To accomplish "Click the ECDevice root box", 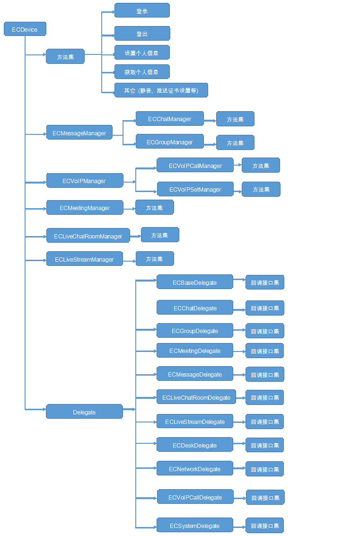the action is tap(25, 29).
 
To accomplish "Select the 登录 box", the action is tap(142, 10).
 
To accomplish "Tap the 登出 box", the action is tap(142, 34).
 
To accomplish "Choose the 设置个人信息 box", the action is tap(142, 53).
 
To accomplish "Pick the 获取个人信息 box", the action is tap(142, 72).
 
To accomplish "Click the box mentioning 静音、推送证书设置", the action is tap(161, 90).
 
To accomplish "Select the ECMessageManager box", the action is tap(79, 132).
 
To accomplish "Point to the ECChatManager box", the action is tap(169, 119).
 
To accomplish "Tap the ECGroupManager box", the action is tap(169, 141).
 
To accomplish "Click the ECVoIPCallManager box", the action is tap(195, 165).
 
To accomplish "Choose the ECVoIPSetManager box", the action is tap(195, 189).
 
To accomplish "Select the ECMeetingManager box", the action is tap(85, 208).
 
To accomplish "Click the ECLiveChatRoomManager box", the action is tap(88, 236).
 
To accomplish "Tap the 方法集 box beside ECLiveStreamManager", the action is tap(155, 259).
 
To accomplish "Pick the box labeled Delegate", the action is tap(85, 412).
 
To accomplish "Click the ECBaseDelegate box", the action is tap(195, 282).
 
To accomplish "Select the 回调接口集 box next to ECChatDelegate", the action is tap(265, 308).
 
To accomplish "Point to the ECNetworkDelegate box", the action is tap(195, 468).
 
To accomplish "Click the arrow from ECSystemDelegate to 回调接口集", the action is tap(239, 527).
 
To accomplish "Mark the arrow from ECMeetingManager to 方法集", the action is tap(130, 209).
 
